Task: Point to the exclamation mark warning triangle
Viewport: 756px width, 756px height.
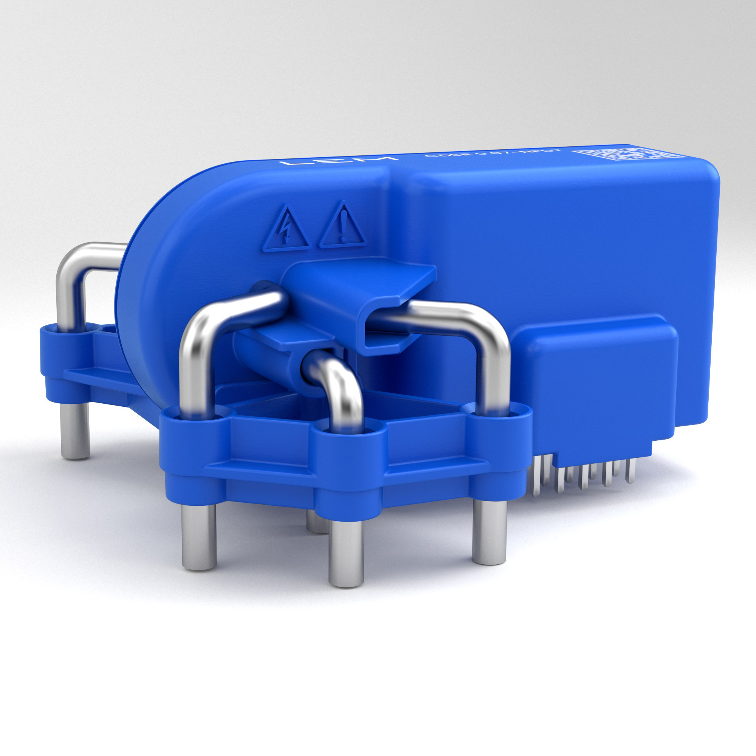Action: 343,228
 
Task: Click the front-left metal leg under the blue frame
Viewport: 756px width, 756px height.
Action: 199,536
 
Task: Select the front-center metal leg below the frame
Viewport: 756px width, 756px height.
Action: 346,552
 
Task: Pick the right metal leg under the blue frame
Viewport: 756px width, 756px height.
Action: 489,532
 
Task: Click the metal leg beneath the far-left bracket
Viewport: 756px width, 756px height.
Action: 76,431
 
